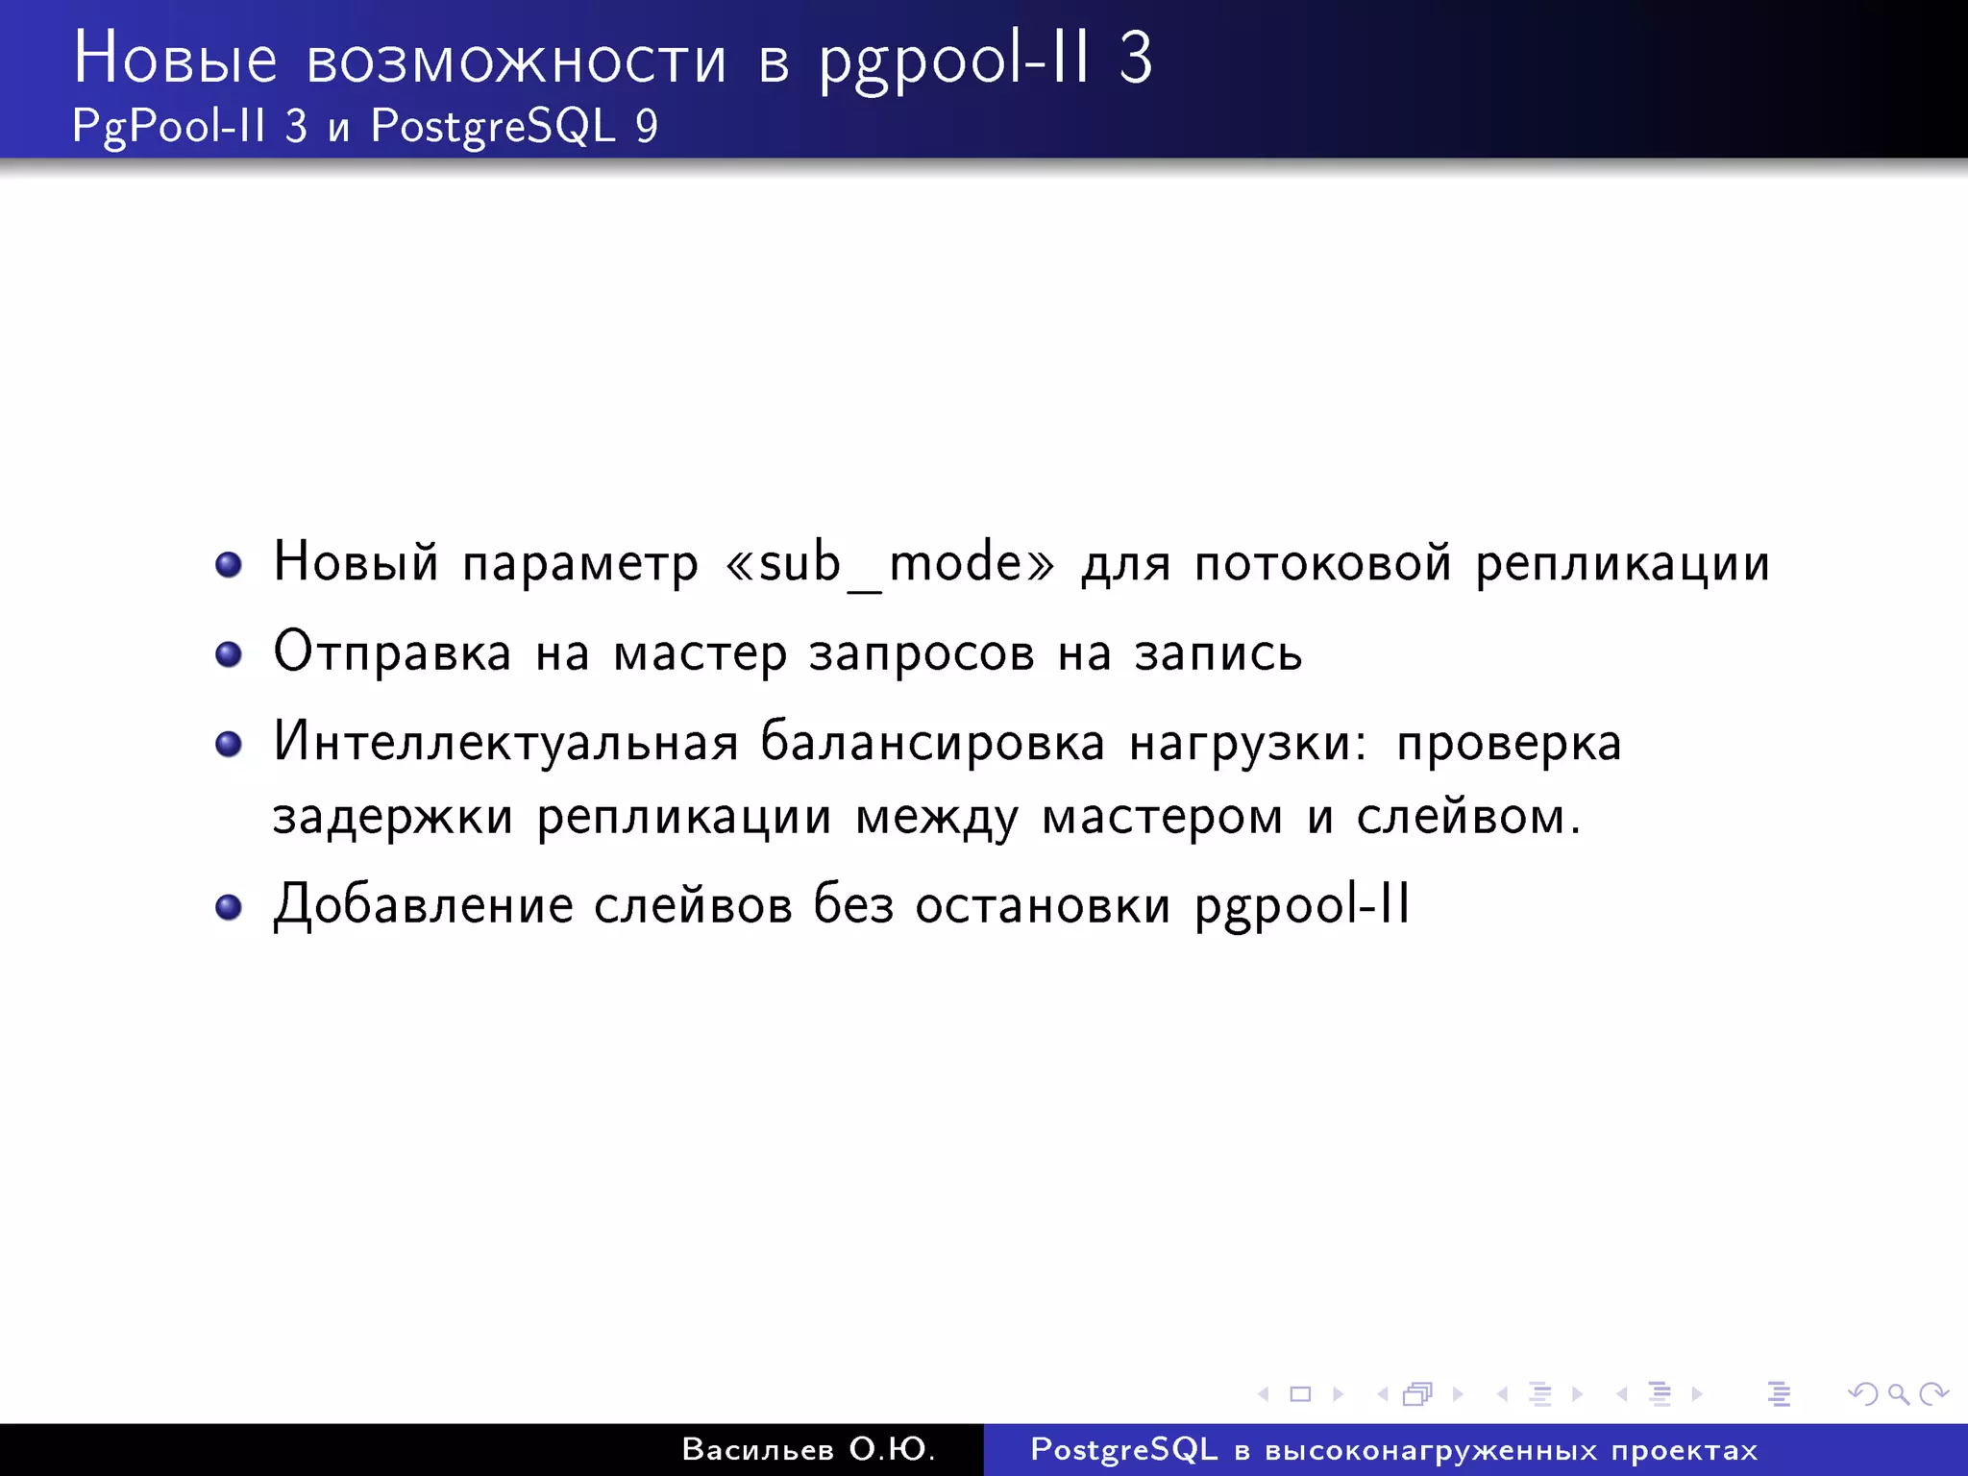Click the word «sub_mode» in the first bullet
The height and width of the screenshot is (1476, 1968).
click(890, 563)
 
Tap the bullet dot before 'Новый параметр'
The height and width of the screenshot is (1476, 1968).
click(229, 565)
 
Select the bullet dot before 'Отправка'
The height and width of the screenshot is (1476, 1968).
click(229, 655)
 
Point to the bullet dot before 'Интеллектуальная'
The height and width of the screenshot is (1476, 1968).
click(229, 745)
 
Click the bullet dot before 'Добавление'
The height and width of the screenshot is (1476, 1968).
click(229, 907)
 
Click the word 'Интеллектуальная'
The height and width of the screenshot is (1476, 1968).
click(505, 743)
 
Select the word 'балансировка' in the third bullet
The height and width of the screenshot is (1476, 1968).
click(932, 743)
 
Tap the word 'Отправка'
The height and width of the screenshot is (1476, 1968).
click(392, 653)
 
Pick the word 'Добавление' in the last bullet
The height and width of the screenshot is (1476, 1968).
click(423, 905)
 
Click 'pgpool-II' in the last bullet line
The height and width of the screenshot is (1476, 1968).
click(1302, 905)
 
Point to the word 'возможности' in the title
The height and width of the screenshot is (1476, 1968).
click(516, 60)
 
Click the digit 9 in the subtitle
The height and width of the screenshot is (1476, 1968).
click(647, 127)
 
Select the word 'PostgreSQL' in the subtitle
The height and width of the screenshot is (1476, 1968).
click(493, 127)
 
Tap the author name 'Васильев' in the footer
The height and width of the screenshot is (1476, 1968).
click(757, 1449)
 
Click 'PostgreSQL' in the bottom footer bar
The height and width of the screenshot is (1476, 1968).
click(1123, 1449)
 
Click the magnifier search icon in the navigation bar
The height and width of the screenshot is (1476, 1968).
click(1898, 1393)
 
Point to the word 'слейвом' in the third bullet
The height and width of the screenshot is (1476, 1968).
click(1460, 818)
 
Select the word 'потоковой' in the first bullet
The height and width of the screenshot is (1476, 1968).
click(1322, 563)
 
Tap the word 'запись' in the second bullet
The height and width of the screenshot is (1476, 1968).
click(1218, 653)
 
